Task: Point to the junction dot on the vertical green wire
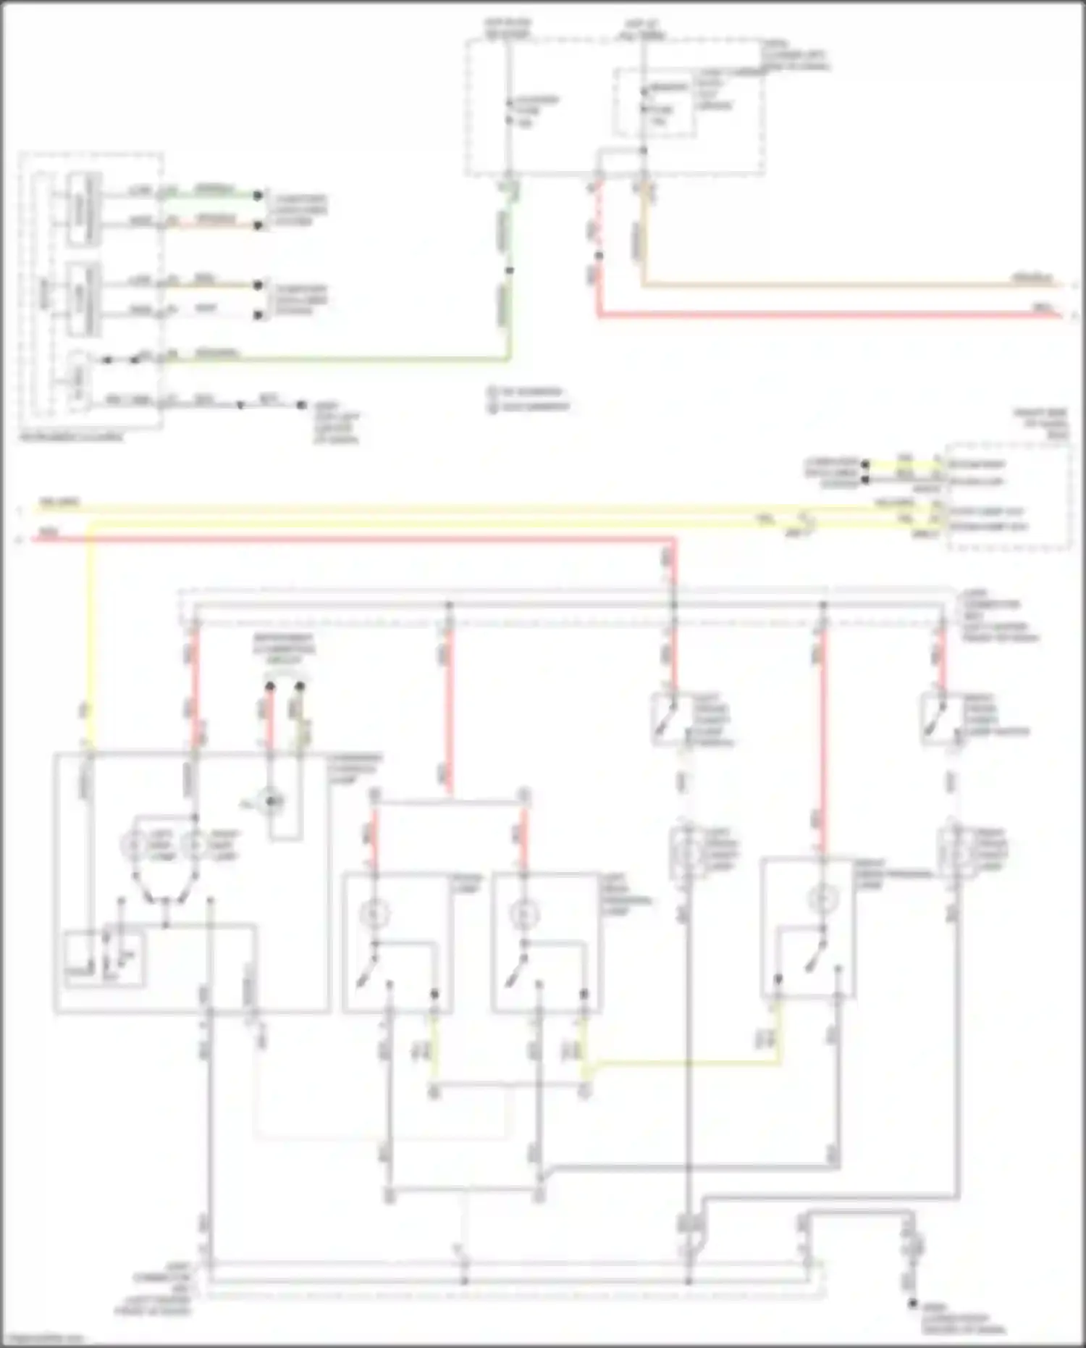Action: coord(510,271)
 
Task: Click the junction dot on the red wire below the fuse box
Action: coord(599,256)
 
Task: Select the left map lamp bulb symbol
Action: coord(135,845)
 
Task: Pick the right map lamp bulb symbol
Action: coord(193,845)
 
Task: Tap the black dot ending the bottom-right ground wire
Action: coord(914,1304)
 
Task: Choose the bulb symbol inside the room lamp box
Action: coord(375,914)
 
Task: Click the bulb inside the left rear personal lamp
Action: coord(523,914)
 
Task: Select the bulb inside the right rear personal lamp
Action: coord(822,899)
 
